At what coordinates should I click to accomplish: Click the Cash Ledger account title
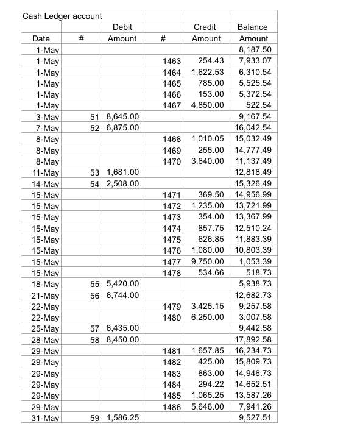pyautogui.click(x=62, y=15)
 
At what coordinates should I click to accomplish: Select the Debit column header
pyautogui.click(x=122, y=27)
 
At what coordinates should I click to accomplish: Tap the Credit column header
pyautogui.click(x=206, y=27)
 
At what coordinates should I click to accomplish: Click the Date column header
pyautogui.click(x=41, y=38)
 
